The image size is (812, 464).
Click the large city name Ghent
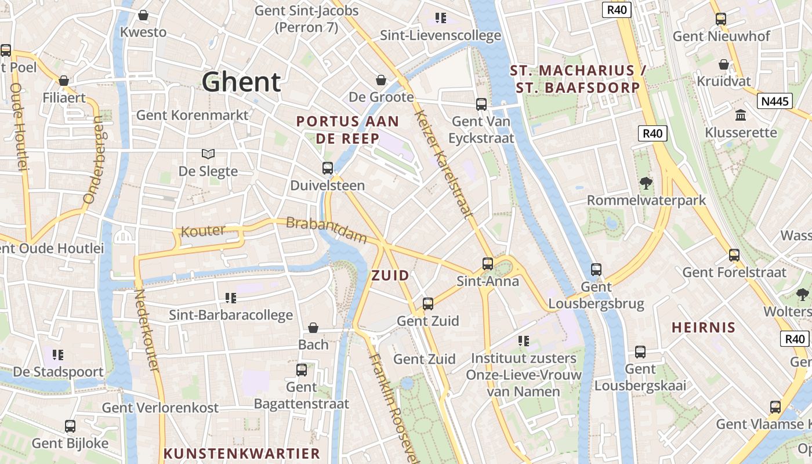[241, 82]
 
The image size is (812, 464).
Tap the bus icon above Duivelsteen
[328, 168]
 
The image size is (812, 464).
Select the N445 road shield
[775, 101]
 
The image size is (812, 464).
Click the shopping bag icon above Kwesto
[143, 15]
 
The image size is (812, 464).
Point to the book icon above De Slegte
[208, 154]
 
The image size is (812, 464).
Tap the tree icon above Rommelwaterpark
[646, 183]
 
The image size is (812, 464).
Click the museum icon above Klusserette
[741, 115]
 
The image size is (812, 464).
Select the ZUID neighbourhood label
[390, 275]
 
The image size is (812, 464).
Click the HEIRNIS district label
[704, 328]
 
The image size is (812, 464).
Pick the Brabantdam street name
[327, 230]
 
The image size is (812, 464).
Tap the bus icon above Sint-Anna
[488, 264]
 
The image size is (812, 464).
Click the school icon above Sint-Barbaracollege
[231, 298]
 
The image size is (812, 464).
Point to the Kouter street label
[203, 231]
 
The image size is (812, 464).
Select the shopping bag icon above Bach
[313, 328]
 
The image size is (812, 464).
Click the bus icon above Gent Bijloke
[70, 426]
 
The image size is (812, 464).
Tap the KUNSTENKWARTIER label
[242, 454]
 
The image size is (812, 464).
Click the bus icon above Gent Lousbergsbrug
[596, 270]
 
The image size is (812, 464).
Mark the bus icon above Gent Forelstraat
[734, 255]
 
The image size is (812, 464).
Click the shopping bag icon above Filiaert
[64, 80]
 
